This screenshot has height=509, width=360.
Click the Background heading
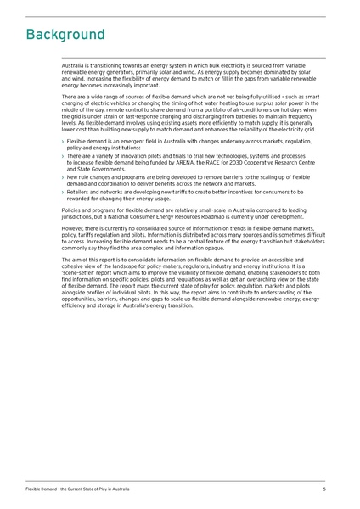point(65,35)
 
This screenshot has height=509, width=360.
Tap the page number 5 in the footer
point(324,489)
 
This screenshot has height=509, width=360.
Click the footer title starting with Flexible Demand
point(77,489)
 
